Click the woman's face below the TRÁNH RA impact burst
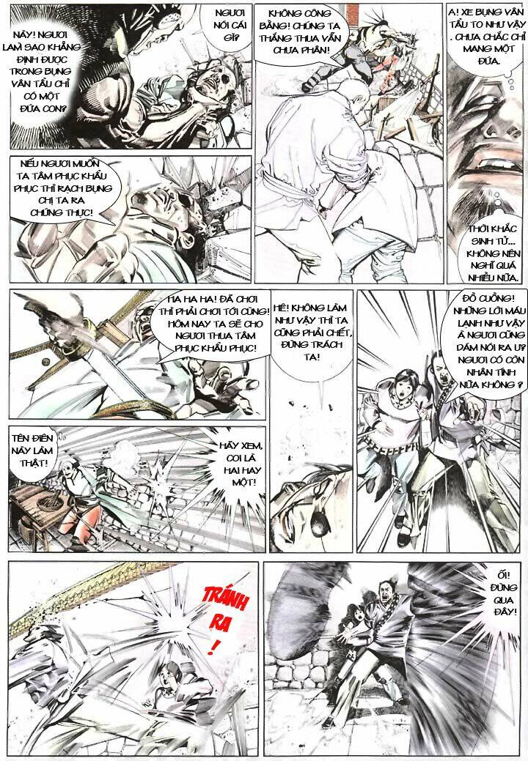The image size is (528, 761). pos(169,672)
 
